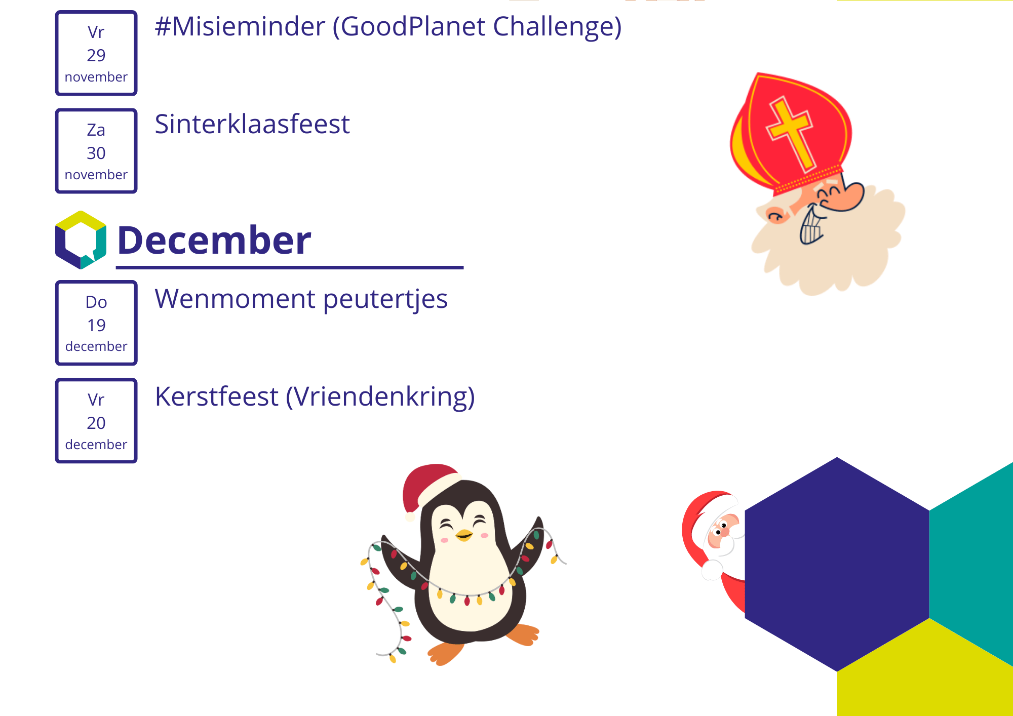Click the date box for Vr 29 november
(x=96, y=53)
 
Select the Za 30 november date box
(x=96, y=151)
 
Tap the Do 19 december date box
(x=96, y=323)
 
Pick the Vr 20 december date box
(x=96, y=420)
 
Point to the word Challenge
(x=557, y=27)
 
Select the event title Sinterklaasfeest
(x=252, y=124)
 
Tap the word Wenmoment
(x=235, y=299)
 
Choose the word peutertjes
(x=385, y=300)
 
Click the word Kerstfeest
(x=216, y=396)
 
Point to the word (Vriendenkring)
(x=380, y=397)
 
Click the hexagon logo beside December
(x=81, y=240)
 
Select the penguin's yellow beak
(x=464, y=535)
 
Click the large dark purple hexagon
(x=837, y=564)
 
